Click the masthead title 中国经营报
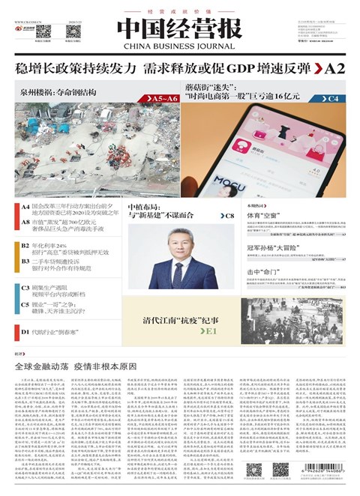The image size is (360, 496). point(178,28)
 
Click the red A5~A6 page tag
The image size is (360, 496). point(160,98)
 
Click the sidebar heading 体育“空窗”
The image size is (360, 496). point(262,215)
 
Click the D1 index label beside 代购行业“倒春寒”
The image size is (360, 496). point(25,330)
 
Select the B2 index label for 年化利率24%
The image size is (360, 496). point(25,245)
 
